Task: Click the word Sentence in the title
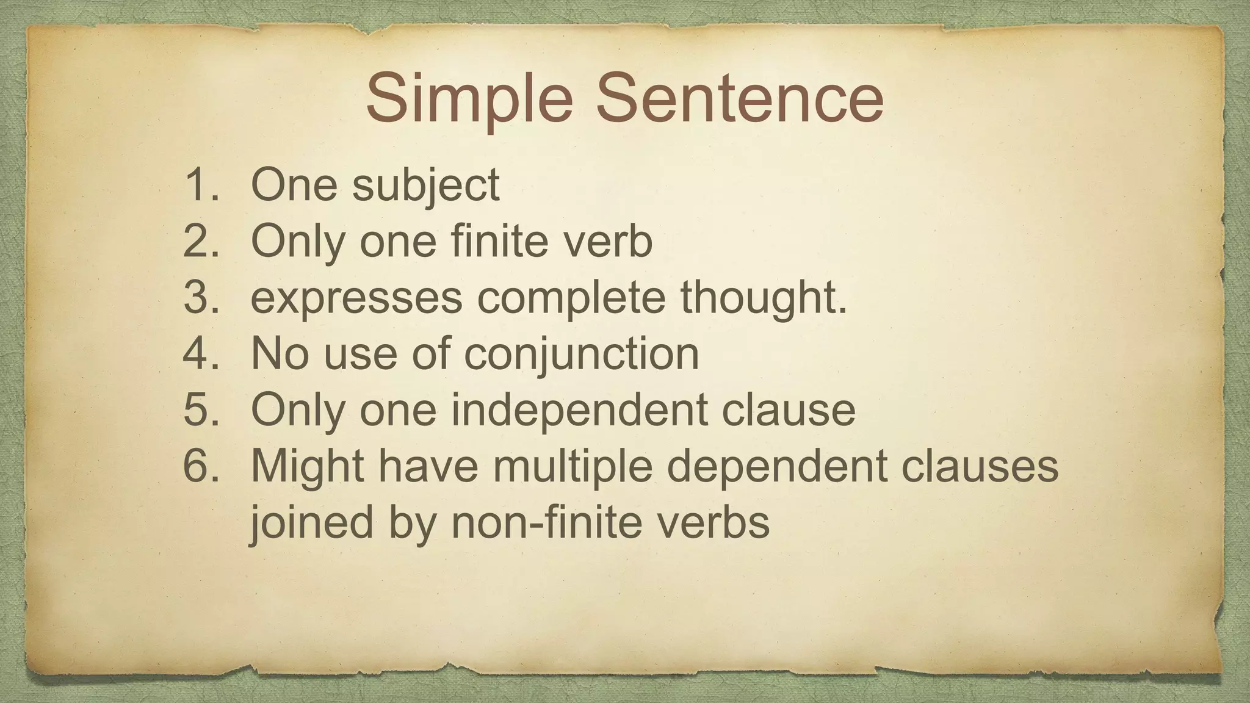point(739,98)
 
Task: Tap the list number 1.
point(200,184)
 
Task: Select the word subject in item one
point(425,186)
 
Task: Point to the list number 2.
point(200,240)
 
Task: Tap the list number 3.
point(200,297)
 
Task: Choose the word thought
point(764,298)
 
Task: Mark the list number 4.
point(200,353)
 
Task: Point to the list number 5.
point(200,409)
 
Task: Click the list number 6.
point(200,466)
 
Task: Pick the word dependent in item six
point(776,466)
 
